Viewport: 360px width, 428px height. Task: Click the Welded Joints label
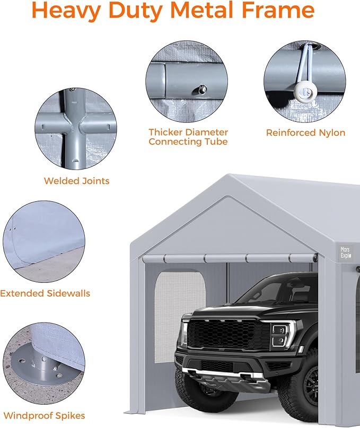76,181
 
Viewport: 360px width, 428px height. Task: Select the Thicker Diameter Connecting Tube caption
188,137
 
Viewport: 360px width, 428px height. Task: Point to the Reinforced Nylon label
305,132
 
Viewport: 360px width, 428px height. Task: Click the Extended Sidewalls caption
45,293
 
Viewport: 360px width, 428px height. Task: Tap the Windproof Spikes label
44,416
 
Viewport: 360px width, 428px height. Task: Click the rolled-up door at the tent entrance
228,258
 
